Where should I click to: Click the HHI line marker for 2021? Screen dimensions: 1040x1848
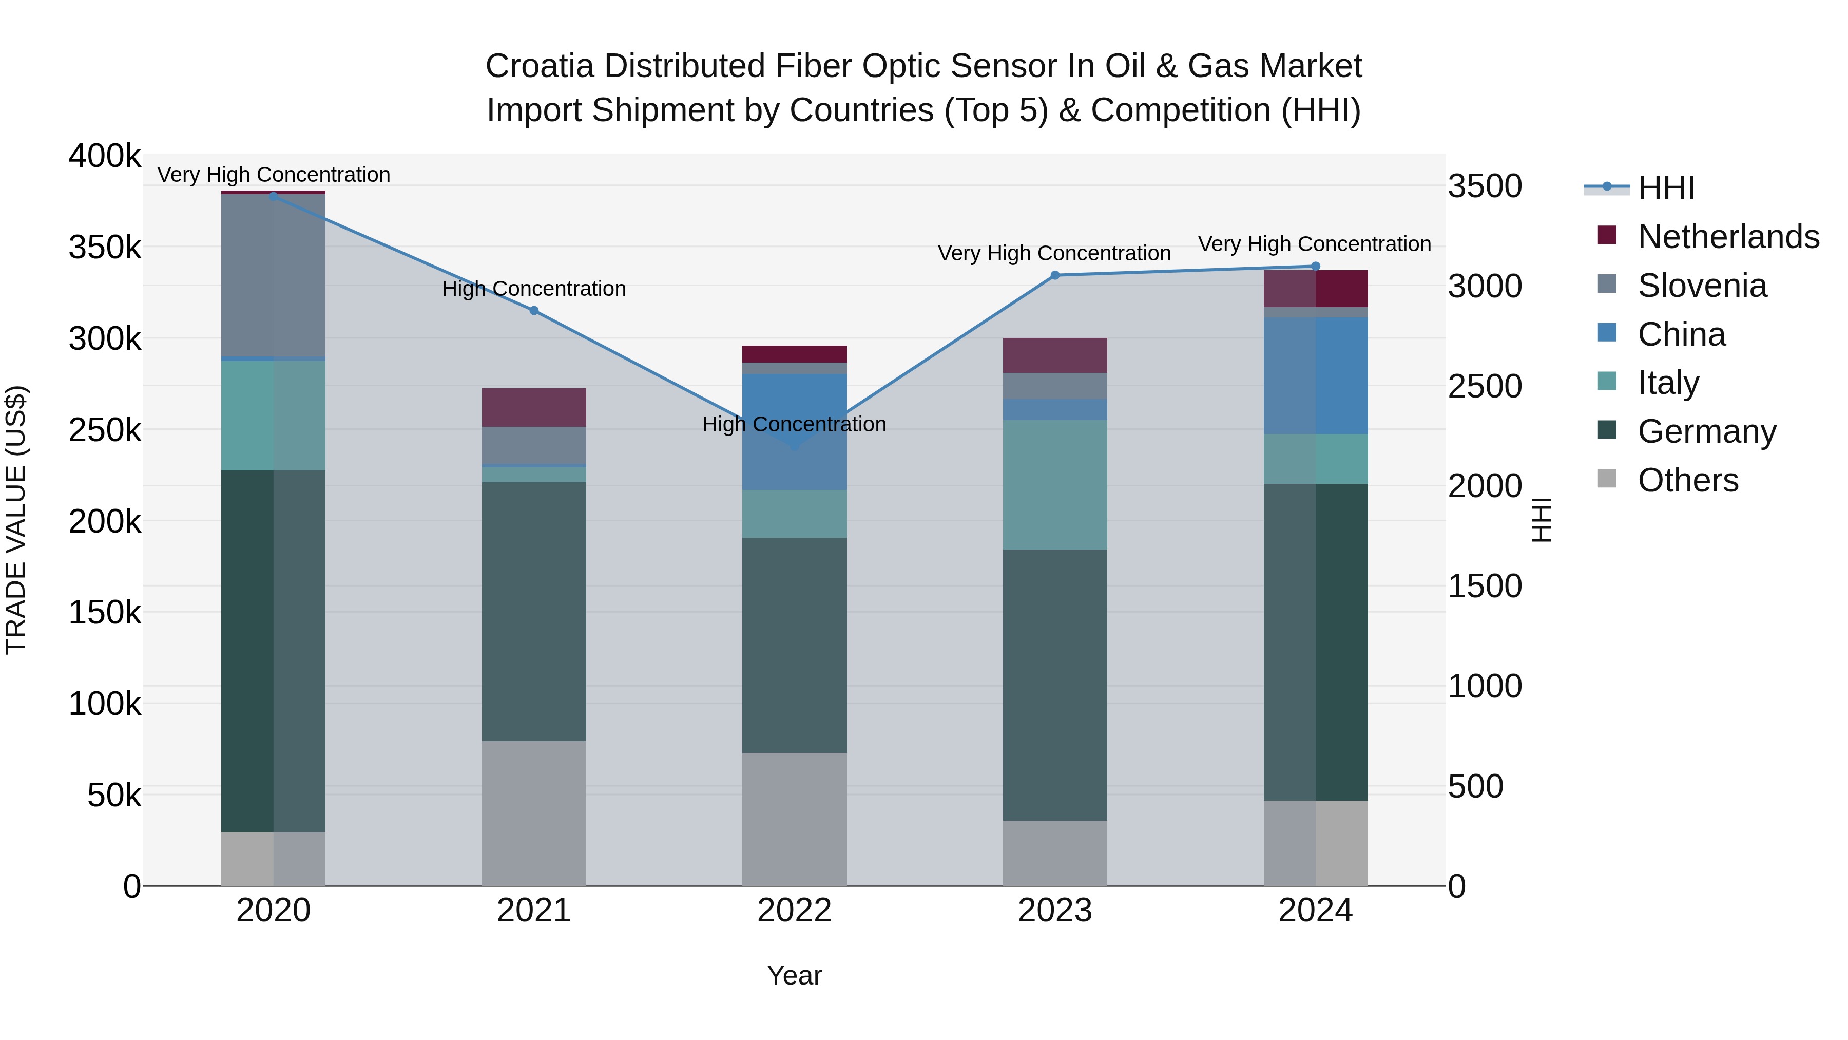click(534, 311)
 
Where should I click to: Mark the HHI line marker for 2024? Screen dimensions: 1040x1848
click(1315, 266)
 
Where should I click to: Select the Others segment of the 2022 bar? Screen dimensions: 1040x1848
click(794, 819)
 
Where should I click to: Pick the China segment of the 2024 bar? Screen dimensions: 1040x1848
click(1315, 375)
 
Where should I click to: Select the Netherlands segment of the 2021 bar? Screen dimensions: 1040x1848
click(534, 408)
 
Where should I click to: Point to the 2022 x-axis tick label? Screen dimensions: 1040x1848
click(794, 911)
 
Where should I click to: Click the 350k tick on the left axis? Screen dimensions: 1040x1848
click(105, 248)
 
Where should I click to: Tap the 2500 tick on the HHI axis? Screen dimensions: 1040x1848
click(1484, 386)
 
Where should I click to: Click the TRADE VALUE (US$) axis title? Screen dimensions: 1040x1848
click(16, 520)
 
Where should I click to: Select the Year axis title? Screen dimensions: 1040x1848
click(794, 975)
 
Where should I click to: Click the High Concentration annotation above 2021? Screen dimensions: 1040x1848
click(534, 289)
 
